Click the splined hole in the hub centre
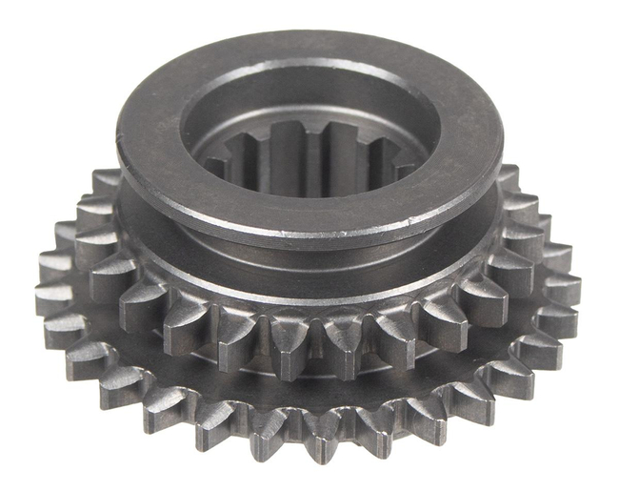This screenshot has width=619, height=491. point(309,153)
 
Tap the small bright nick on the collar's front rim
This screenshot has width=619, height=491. point(413,217)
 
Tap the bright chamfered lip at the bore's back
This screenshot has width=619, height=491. point(309,78)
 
